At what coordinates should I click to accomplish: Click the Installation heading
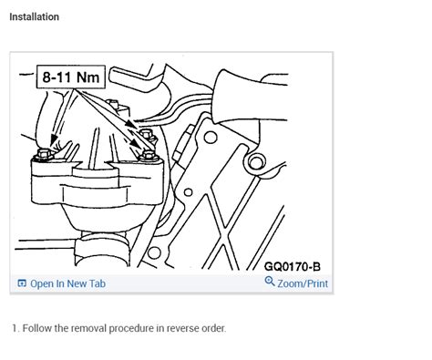coord(34,17)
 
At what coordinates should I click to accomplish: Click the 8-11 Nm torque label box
coord(69,78)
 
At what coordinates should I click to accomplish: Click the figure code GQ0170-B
coord(292,267)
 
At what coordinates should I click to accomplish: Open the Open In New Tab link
coord(67,283)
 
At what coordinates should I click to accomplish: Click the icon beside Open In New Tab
coord(22,283)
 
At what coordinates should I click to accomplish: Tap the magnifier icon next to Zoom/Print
coord(270,283)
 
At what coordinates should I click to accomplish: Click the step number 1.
coord(14,328)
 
